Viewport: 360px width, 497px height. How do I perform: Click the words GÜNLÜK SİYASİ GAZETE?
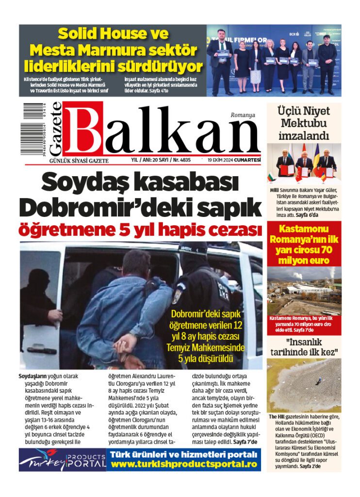tap(76, 161)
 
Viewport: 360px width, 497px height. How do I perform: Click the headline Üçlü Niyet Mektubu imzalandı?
tap(304, 123)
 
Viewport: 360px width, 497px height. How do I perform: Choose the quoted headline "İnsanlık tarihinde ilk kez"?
tap(304, 346)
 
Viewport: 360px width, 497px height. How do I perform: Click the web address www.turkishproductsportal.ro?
tap(183, 464)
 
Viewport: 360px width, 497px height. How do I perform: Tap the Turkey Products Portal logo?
tap(63, 460)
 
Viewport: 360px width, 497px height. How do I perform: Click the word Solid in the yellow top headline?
tap(79, 34)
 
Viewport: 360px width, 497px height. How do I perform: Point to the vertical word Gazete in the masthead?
tap(55, 129)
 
